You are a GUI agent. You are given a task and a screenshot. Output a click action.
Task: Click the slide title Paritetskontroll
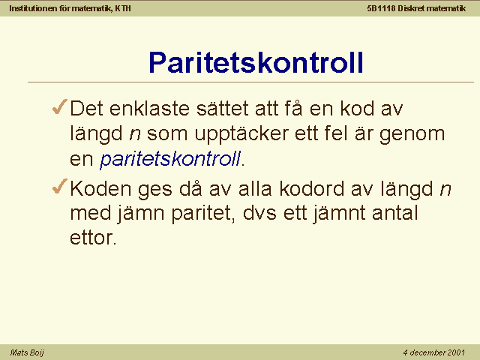click(x=256, y=62)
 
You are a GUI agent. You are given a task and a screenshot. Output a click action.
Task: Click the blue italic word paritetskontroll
click(x=170, y=159)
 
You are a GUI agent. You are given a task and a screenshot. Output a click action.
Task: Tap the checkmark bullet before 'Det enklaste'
click(x=60, y=106)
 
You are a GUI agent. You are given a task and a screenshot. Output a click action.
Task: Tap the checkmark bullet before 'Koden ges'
click(x=60, y=186)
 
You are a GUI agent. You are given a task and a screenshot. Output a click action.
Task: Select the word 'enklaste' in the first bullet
click(x=150, y=108)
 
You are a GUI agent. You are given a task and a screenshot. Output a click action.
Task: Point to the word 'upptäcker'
click(x=241, y=135)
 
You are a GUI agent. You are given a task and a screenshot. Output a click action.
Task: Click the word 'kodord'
click(x=312, y=188)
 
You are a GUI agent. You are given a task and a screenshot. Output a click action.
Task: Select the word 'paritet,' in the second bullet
click(x=203, y=213)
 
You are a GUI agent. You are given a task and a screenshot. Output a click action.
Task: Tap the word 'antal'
click(x=395, y=212)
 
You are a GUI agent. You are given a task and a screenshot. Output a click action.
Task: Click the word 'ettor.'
click(x=93, y=238)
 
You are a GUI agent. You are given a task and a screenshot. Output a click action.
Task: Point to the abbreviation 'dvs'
click(x=259, y=212)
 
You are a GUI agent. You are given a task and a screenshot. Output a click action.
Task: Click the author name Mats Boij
click(x=27, y=352)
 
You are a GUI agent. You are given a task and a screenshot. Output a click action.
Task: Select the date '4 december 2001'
click(x=433, y=352)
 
